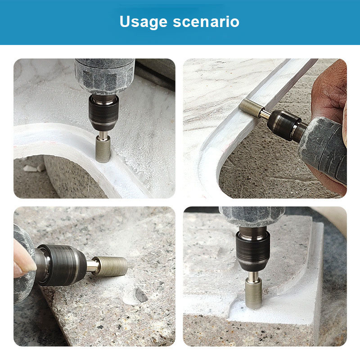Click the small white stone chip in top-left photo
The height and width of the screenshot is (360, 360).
click(31, 168)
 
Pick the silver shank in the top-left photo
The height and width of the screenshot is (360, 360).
click(103, 135)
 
